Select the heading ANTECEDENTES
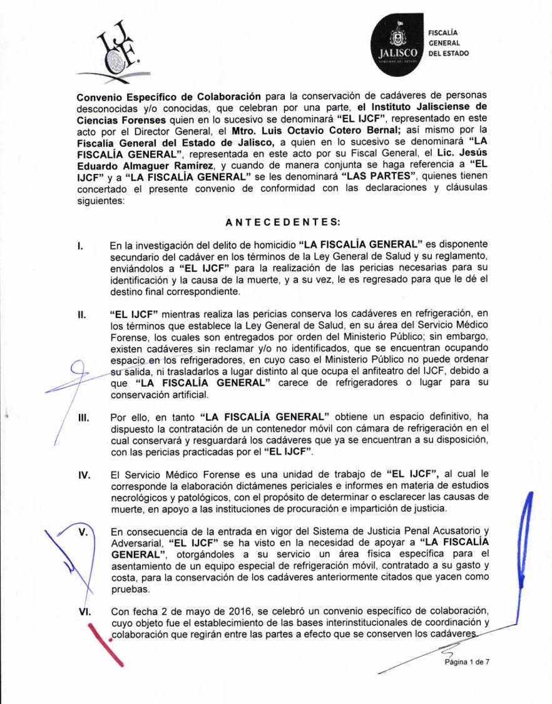pyautogui.click(x=275, y=221)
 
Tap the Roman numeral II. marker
pyautogui.click(x=81, y=311)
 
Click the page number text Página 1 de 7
pyautogui.click(x=466, y=663)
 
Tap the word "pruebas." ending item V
pyautogui.click(x=130, y=589)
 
